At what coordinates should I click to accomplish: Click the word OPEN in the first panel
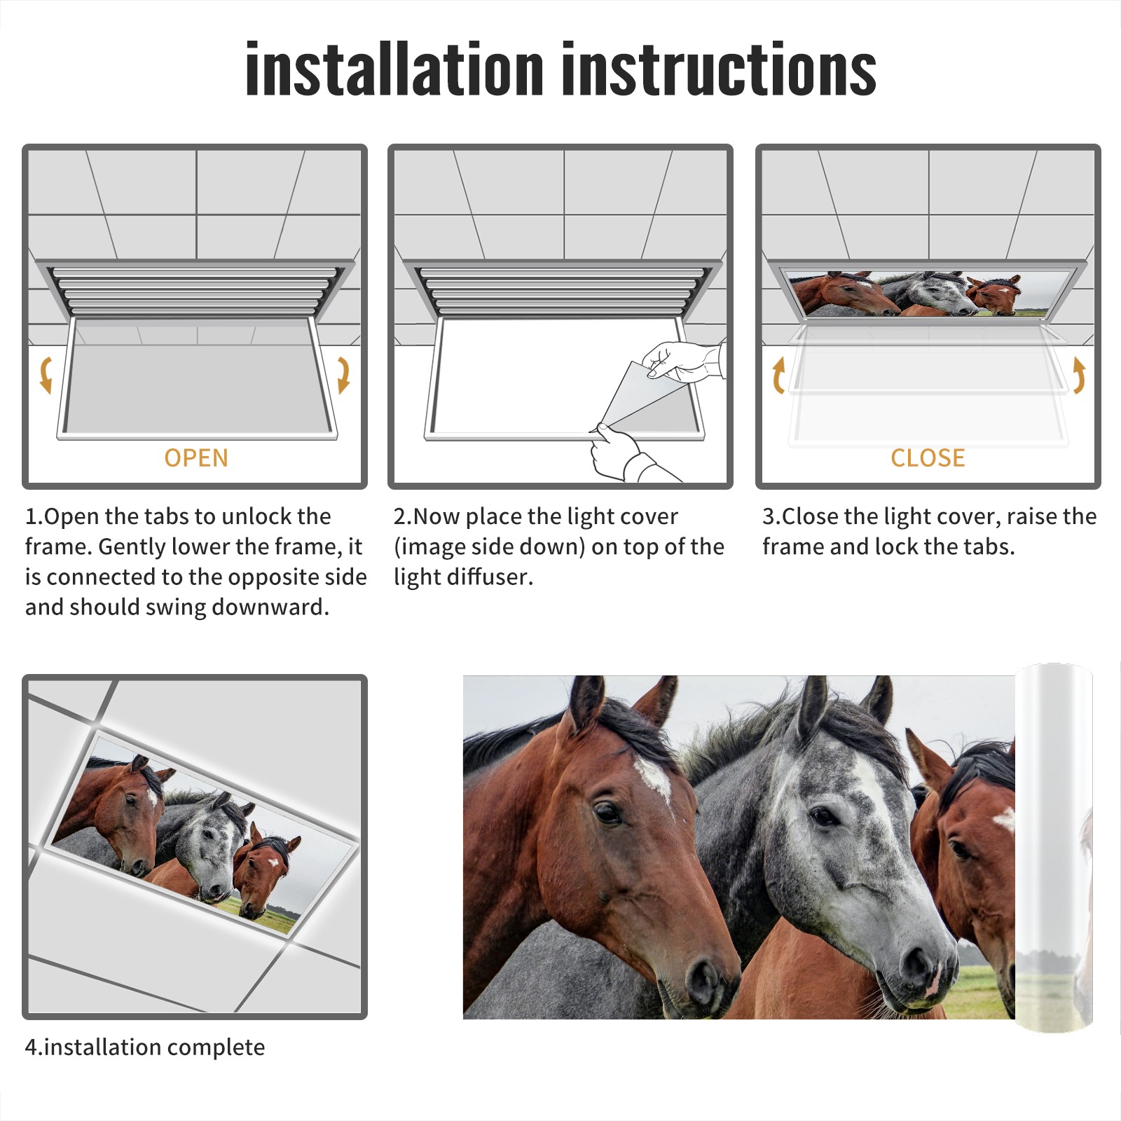point(196,458)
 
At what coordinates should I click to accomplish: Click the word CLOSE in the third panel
point(928,458)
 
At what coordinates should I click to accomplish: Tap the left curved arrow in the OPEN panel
point(46,375)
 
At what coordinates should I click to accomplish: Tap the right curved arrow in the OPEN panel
point(343,375)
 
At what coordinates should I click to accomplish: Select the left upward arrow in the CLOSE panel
point(778,375)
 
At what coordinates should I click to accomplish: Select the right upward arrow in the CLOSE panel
point(1079,375)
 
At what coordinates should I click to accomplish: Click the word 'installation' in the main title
point(394,68)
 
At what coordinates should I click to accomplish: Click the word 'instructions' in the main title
point(719,68)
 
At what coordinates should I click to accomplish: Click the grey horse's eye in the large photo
point(823,816)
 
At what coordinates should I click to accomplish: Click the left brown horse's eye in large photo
point(607,813)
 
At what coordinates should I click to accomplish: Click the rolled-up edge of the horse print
point(1054,848)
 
